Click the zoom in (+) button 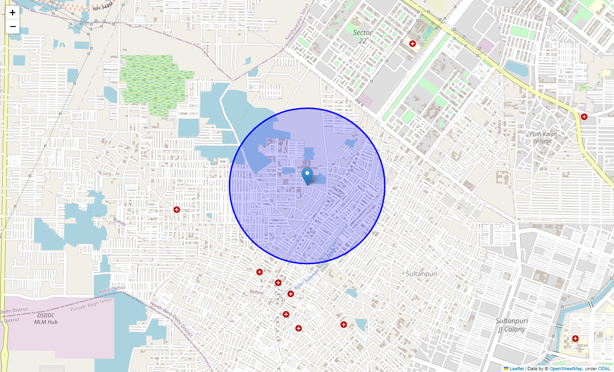click(x=13, y=13)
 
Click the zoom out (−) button click(x=13, y=27)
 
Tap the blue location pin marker click(x=307, y=176)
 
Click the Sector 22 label click(x=362, y=37)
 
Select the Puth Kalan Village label click(x=543, y=138)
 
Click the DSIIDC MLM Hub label click(x=46, y=319)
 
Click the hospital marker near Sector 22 click(x=412, y=44)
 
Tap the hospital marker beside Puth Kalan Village click(x=584, y=117)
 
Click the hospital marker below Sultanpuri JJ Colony click(x=575, y=339)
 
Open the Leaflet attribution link click(x=516, y=369)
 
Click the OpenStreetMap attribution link click(x=566, y=369)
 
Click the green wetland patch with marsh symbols click(x=156, y=81)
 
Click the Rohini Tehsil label click(x=112, y=290)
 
